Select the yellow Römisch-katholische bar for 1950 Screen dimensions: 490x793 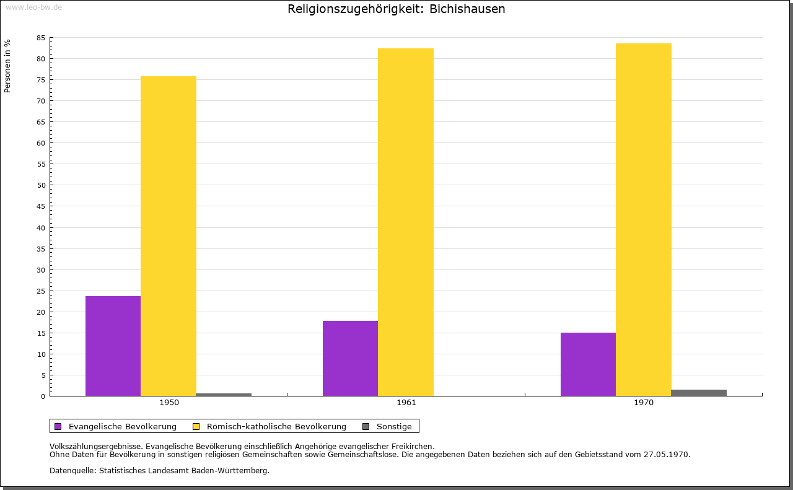(169, 235)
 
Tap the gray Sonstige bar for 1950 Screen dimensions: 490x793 (224, 394)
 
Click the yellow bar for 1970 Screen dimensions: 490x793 (644, 219)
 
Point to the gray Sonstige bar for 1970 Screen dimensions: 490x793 (699, 392)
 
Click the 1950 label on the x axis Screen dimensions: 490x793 (169, 403)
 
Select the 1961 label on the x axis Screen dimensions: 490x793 (406, 403)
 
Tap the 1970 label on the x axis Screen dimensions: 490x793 (644, 403)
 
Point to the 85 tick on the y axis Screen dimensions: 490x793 (41, 38)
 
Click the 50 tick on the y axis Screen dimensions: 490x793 (41, 185)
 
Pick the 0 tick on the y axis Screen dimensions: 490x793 (43, 396)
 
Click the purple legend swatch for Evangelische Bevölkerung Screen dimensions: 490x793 (58, 426)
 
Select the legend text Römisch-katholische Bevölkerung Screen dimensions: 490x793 (276, 426)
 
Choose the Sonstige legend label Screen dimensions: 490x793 (394, 426)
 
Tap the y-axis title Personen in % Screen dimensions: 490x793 (7, 66)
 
